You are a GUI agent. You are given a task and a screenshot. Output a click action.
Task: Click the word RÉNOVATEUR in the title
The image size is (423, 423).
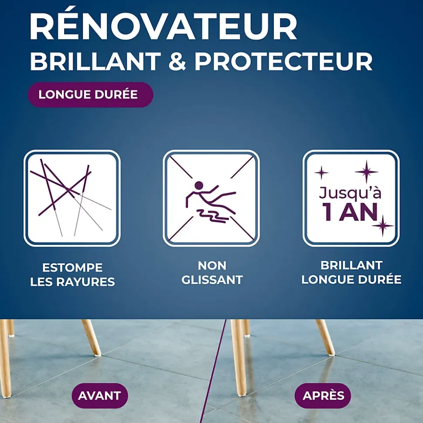[163, 27]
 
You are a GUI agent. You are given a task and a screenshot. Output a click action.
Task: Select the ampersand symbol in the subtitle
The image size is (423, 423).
[176, 62]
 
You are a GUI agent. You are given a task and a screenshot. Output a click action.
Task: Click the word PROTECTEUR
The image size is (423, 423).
[283, 62]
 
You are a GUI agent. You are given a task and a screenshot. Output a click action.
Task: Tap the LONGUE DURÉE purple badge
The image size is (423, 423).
[90, 95]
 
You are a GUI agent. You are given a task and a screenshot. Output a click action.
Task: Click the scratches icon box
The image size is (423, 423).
[72, 198]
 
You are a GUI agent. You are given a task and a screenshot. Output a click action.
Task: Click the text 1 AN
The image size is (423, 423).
[350, 212]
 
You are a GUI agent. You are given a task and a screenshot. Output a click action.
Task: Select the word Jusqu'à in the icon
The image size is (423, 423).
[350, 193]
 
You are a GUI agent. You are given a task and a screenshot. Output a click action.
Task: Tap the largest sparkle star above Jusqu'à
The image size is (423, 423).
[366, 171]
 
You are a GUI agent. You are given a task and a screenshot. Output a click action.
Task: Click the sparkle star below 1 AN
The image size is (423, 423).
[382, 226]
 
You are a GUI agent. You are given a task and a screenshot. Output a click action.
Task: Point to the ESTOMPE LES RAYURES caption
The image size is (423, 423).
[72, 274]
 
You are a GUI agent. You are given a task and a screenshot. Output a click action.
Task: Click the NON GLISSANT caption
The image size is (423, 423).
[212, 273]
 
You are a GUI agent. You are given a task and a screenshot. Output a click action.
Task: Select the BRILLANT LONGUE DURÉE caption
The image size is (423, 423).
[351, 273]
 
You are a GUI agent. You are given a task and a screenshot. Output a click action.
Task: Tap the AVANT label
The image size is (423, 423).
[99, 396]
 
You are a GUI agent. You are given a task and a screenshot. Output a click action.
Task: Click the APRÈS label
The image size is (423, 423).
[323, 396]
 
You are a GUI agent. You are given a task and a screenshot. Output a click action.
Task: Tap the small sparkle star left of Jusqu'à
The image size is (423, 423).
[321, 173]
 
